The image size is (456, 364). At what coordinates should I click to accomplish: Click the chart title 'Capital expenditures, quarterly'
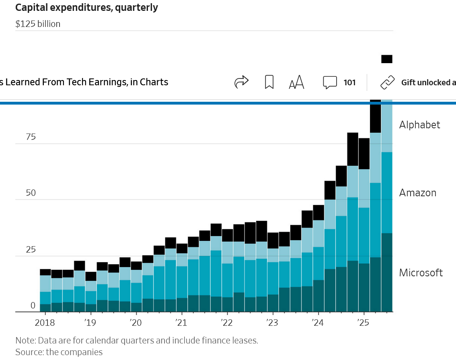pos(86,7)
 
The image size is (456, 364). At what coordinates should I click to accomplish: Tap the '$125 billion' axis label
pos(38,24)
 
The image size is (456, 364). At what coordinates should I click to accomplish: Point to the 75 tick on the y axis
pos(31,137)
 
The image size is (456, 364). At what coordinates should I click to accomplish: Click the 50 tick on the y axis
pos(31,193)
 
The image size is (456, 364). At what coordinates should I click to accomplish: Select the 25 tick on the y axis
pos(31,249)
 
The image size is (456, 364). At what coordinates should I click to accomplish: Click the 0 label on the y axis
pos(33,306)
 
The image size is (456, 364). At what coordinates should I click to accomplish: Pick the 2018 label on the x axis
pos(45,323)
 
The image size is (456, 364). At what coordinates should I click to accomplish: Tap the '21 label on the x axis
pos(181,323)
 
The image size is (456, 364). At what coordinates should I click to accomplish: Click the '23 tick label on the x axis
pos(272,323)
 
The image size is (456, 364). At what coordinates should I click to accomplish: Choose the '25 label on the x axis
pos(364,323)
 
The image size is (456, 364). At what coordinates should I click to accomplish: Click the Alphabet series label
pos(419,125)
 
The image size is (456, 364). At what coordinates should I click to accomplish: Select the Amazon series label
pos(417,193)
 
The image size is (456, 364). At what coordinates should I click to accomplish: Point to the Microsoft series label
pos(421,273)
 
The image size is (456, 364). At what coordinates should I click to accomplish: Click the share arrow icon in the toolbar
pos(241,82)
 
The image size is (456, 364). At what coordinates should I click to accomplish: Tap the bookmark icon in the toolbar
pos(269,82)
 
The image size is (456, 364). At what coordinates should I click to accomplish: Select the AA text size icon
pos(296,82)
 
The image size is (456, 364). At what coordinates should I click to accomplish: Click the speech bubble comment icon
pos(330,82)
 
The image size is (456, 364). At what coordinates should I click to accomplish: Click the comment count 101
pos(349,82)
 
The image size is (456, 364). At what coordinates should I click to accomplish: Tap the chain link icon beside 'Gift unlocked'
pos(388,82)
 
